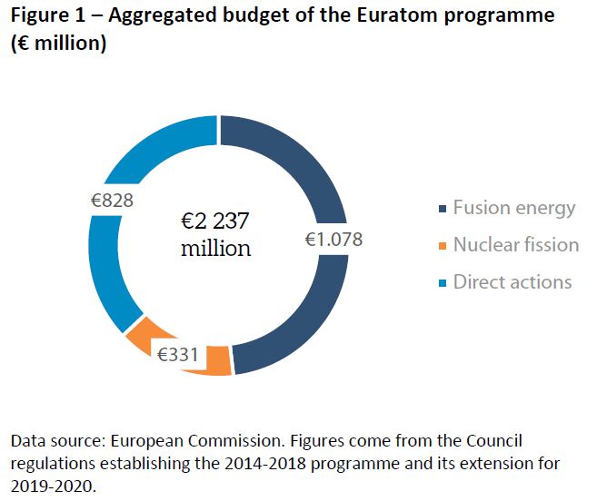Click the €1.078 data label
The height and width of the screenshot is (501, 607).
click(x=333, y=240)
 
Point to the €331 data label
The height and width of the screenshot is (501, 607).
click(x=178, y=354)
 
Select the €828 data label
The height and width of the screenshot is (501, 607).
click(x=112, y=201)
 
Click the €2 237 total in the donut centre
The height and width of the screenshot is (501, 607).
click(x=215, y=222)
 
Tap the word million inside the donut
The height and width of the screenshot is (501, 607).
click(x=215, y=249)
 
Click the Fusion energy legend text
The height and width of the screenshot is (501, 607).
click(x=514, y=208)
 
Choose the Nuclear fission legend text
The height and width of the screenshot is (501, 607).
click(x=515, y=245)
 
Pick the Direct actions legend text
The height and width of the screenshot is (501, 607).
click(x=512, y=281)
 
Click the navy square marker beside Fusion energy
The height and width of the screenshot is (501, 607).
click(x=443, y=210)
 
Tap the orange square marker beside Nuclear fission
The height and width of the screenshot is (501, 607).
click(x=443, y=247)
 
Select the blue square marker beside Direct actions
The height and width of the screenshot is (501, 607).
click(x=443, y=283)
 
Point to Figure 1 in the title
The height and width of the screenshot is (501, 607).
click(x=47, y=16)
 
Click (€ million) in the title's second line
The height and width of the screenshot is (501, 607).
click(x=59, y=44)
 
